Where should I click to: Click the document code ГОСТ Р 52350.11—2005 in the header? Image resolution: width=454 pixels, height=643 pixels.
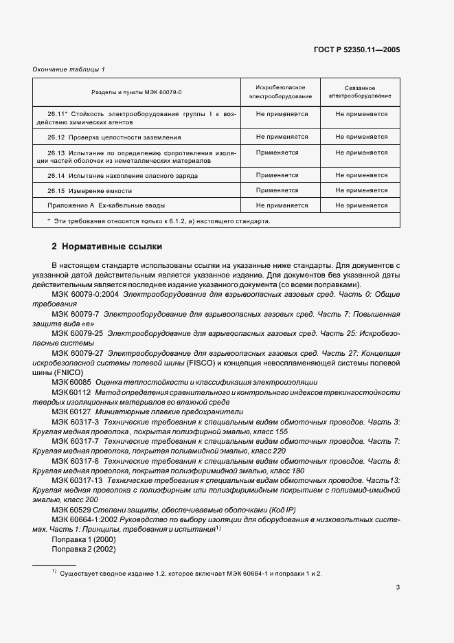366,50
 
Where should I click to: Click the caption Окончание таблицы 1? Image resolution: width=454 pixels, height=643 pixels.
69,70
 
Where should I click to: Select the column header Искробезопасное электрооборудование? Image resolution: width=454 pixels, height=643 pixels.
280,92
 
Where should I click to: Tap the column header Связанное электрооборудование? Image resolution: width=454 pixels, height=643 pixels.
361,92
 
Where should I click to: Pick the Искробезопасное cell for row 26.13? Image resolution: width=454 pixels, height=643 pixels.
280,153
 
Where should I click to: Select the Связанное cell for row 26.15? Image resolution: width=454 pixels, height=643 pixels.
361,190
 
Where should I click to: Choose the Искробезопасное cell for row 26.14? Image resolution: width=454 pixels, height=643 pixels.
280,176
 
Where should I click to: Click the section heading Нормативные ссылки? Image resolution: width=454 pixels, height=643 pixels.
111,246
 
